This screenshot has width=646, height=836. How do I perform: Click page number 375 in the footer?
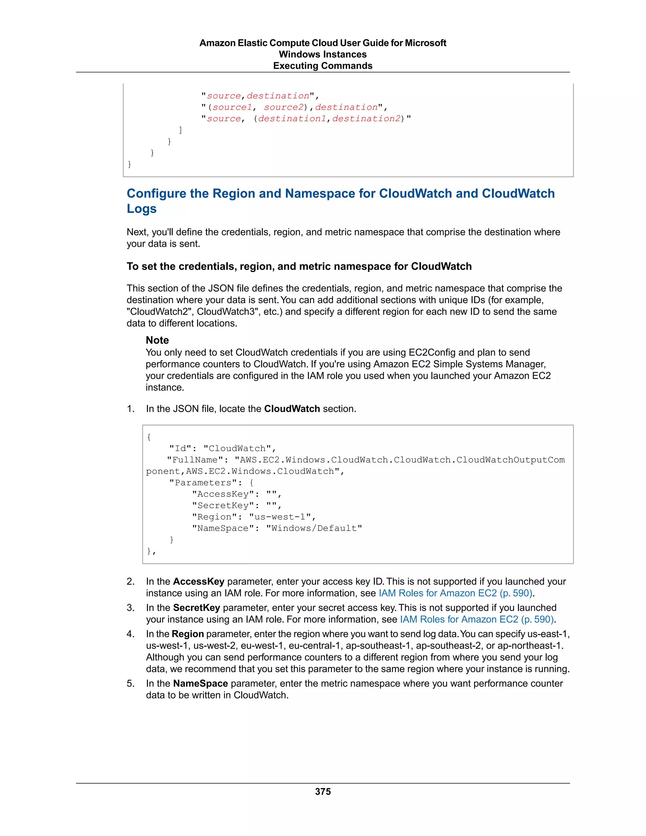pos(323,791)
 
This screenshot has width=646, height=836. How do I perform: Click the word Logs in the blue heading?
pos(142,209)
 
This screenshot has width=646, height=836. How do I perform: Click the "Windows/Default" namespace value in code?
pos(314,528)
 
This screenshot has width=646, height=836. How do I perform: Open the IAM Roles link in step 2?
pos(455,593)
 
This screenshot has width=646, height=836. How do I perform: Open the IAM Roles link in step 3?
pos(477,619)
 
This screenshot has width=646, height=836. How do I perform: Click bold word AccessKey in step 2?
pos(199,581)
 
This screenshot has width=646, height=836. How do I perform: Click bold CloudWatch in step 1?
pos(292,409)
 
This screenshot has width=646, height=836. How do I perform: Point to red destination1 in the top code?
pos(292,119)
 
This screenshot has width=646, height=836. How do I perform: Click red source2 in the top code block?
pos(284,107)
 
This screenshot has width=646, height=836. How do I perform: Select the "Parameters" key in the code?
pos(203,483)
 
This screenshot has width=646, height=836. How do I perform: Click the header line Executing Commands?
pos(323,66)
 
